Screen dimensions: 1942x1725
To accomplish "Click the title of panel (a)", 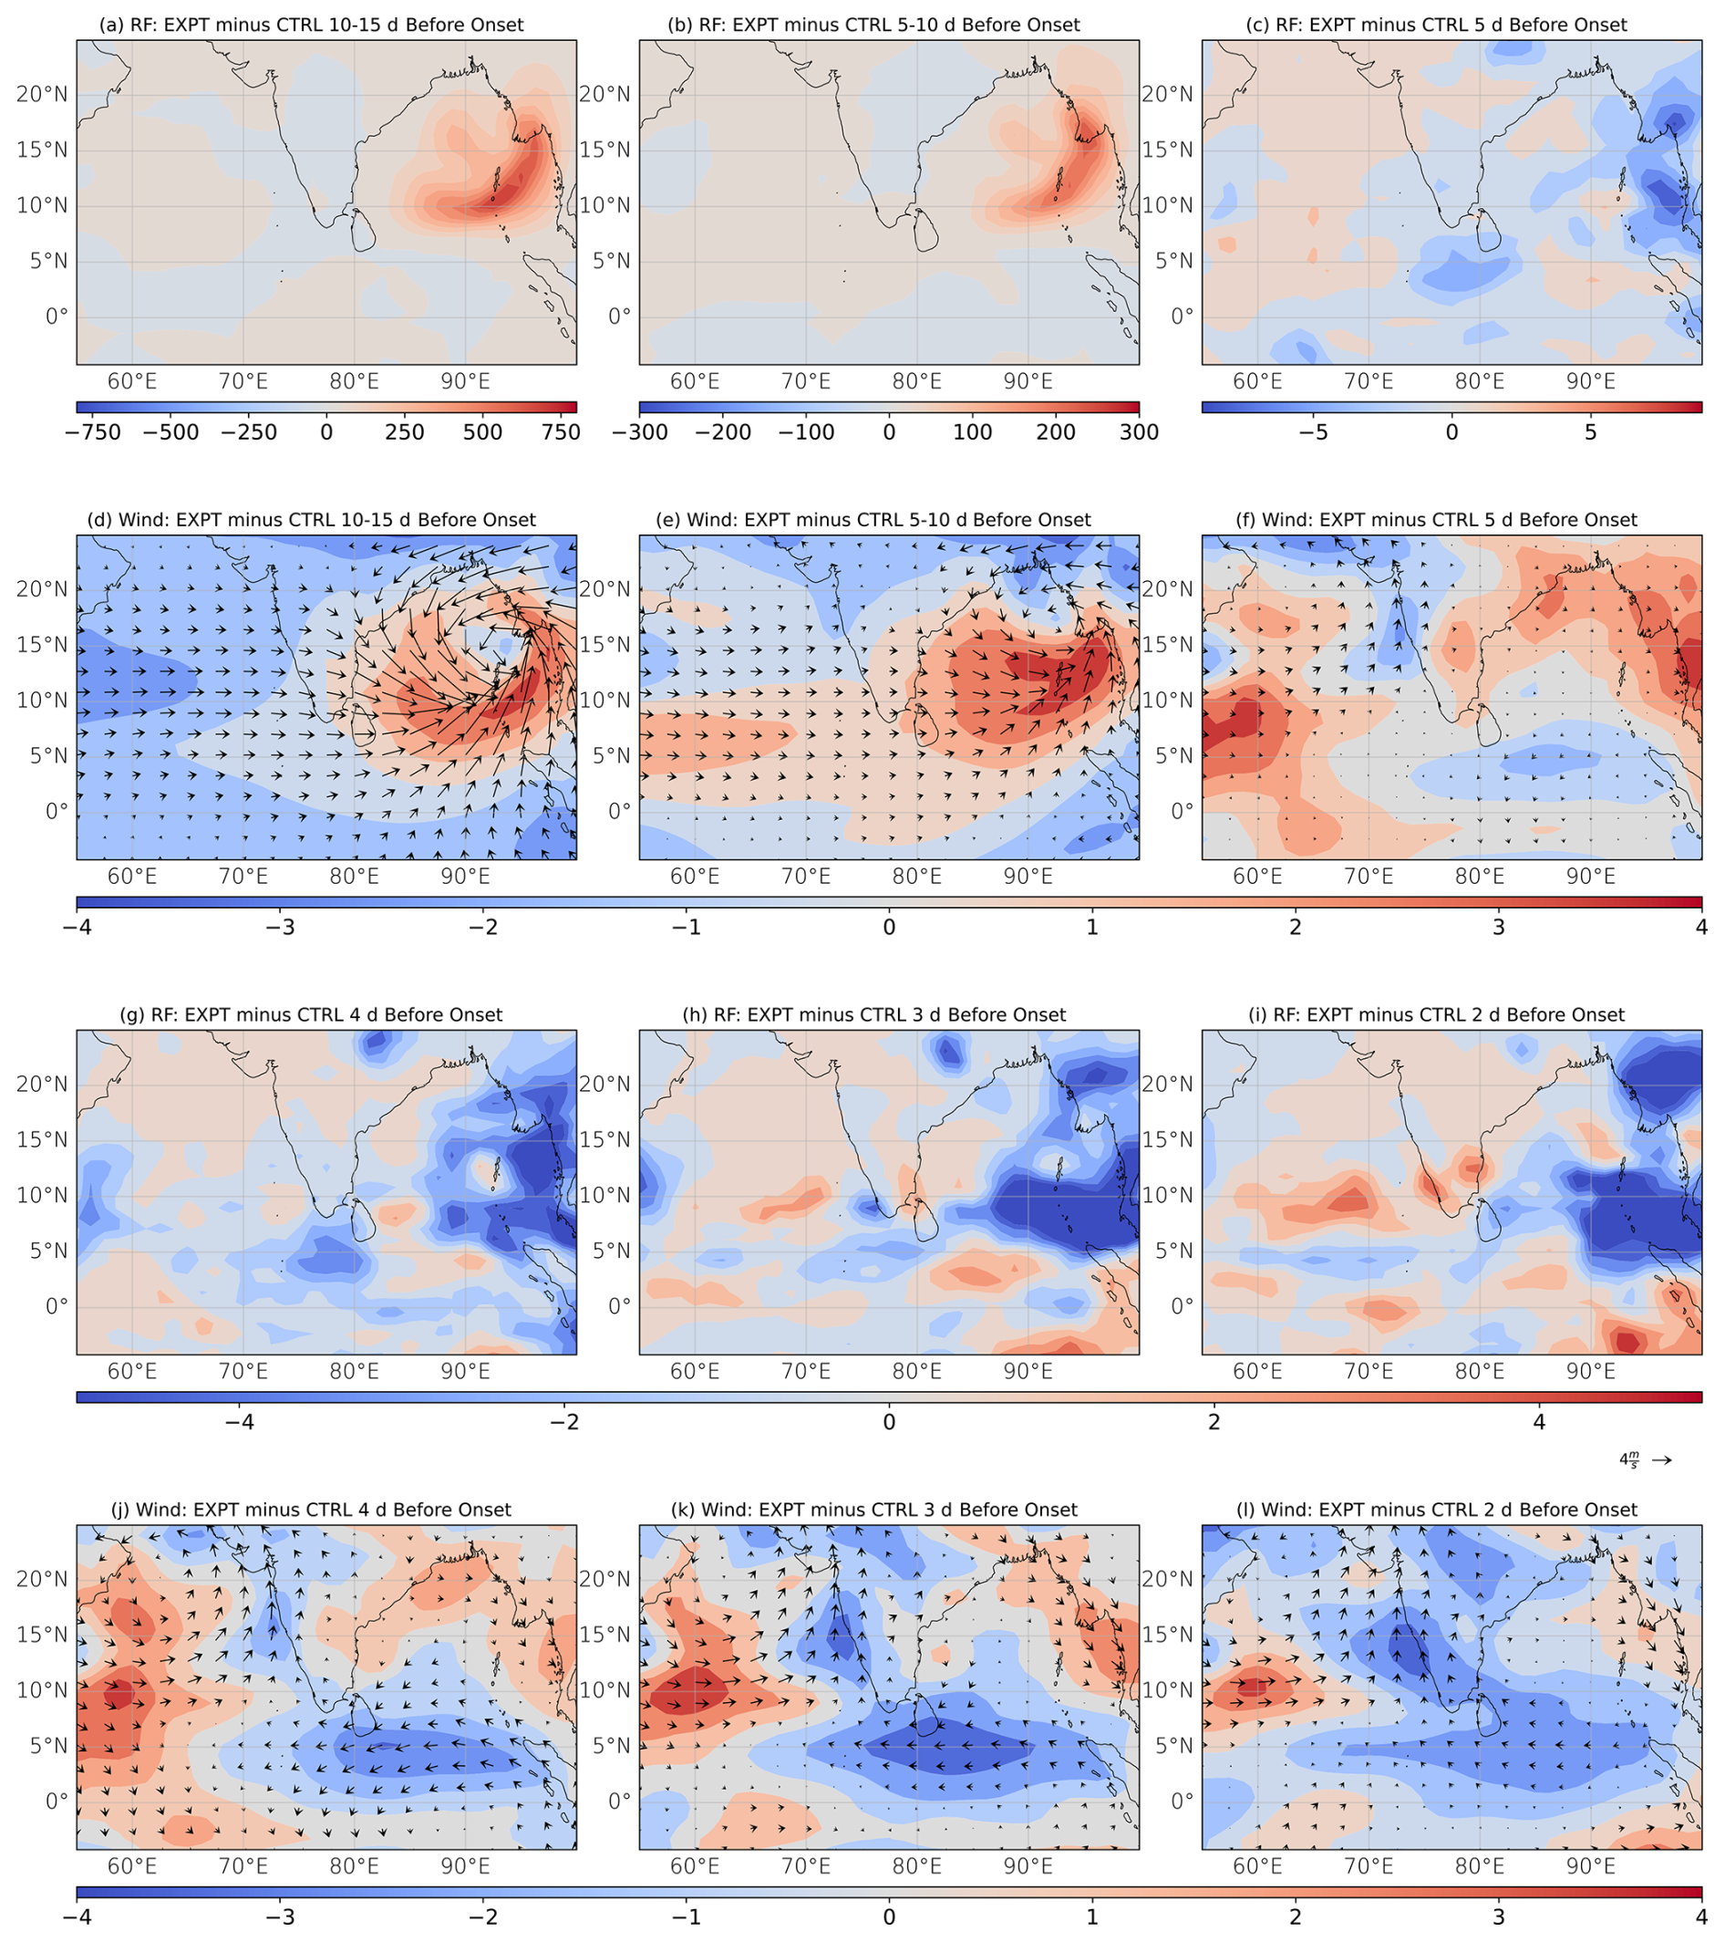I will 311,25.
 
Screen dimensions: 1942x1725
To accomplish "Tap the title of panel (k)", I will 888,1510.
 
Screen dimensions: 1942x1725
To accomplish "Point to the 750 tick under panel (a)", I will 560,432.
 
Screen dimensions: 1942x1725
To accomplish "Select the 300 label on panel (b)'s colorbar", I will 1139,432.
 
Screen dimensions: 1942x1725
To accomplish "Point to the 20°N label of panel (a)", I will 42,94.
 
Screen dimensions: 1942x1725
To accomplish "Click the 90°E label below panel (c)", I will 1590,382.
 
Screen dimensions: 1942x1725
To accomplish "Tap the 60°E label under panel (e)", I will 695,877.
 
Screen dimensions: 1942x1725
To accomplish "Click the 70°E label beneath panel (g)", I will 243,1372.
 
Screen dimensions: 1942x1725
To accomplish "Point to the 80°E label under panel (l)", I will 1479,1867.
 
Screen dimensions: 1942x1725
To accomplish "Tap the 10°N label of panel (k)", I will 604,1690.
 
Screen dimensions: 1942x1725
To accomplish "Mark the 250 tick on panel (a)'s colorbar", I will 405,432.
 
